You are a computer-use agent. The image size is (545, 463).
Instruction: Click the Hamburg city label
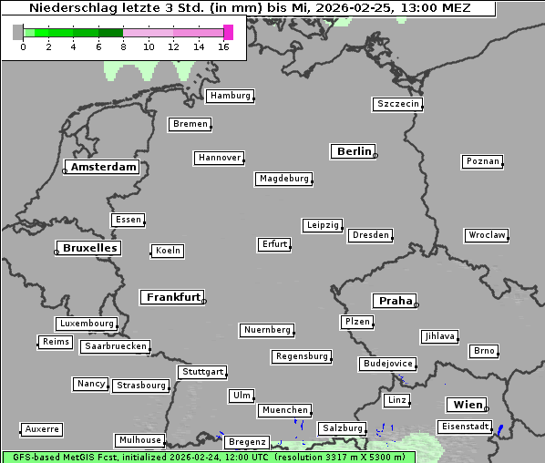point(230,96)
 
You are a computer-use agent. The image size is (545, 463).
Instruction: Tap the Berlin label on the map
point(354,151)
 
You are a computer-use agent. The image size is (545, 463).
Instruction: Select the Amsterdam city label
point(104,168)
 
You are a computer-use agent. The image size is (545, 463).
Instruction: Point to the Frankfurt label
point(173,297)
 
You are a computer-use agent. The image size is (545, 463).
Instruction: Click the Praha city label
point(396,301)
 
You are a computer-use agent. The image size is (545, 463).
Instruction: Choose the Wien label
point(468,405)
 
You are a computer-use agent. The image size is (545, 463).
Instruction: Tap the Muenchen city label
point(284,411)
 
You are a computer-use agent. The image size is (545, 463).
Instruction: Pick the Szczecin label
point(398,104)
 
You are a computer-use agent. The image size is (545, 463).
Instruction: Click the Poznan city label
point(482,161)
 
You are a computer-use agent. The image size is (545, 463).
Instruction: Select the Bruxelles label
point(89,248)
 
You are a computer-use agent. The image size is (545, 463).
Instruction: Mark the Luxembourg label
point(87,324)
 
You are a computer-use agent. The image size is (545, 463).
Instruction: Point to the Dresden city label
point(371,235)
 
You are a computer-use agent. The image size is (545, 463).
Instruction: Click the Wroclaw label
point(487,235)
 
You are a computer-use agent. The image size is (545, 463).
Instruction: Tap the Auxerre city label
point(42,428)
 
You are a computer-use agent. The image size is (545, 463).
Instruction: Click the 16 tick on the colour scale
point(224,46)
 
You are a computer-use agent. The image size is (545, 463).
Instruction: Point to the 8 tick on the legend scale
point(123,46)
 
